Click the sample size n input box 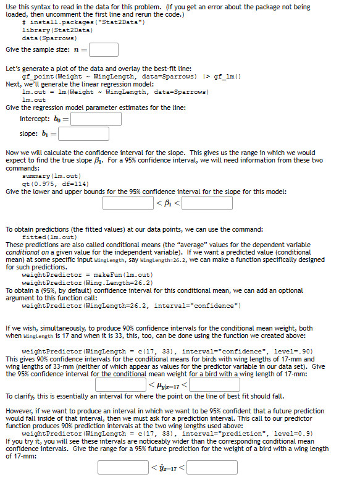pos(106,49)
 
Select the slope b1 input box pos(85,133)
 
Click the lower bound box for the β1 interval pos(128,202)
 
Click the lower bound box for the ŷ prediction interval pos(123,468)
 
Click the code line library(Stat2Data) pos(57,30)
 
